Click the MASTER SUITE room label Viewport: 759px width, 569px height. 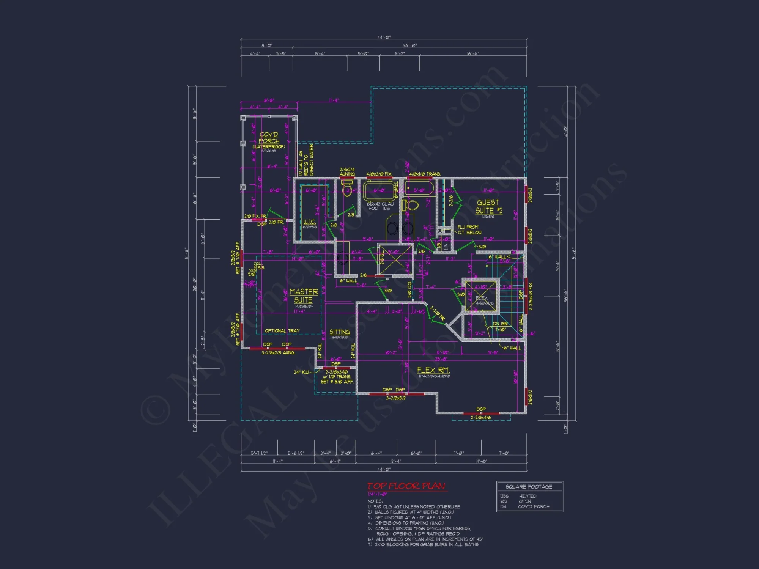coord(304,296)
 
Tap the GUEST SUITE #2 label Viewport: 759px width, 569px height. coord(489,206)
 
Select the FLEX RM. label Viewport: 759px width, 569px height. coord(433,370)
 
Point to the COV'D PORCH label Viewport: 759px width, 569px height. coord(269,137)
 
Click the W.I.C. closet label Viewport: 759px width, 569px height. coord(309,222)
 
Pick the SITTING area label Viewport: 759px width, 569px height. coord(340,332)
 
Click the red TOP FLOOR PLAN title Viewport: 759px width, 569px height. coord(406,486)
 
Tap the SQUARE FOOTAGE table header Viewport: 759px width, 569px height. coord(529,487)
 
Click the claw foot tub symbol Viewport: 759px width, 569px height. coord(379,191)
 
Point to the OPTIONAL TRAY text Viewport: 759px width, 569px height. coord(282,331)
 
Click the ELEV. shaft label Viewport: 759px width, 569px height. coord(481,298)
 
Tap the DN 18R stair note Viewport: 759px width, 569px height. coord(500,324)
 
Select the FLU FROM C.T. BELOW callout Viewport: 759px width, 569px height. coord(469,230)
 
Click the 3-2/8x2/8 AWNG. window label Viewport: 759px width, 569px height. coord(278,353)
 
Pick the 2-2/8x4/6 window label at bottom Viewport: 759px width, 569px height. coord(480,418)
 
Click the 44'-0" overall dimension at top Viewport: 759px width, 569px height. coord(384,38)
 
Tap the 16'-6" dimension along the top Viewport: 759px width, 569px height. coord(473,54)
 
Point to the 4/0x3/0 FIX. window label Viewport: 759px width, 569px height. coord(379,174)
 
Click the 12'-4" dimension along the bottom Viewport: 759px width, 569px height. coord(395,461)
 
